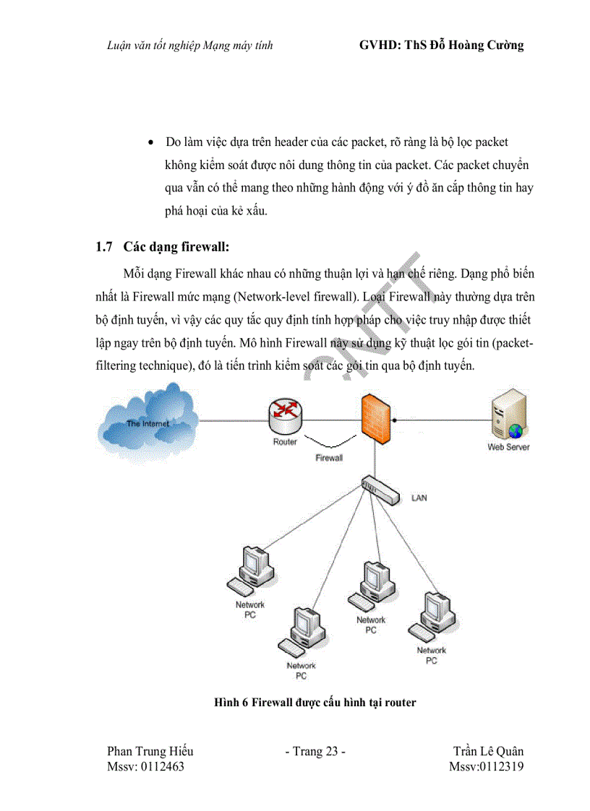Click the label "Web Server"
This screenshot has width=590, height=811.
(x=509, y=447)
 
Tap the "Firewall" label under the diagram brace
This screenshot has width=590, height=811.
(x=329, y=459)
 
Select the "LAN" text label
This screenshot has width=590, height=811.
(x=419, y=498)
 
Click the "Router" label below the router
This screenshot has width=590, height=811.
(x=285, y=442)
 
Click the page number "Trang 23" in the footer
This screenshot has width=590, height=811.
(x=316, y=752)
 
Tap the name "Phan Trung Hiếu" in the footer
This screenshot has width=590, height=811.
(x=150, y=752)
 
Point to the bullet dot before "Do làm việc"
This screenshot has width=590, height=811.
(x=150, y=143)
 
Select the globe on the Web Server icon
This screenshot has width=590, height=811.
(x=516, y=431)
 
